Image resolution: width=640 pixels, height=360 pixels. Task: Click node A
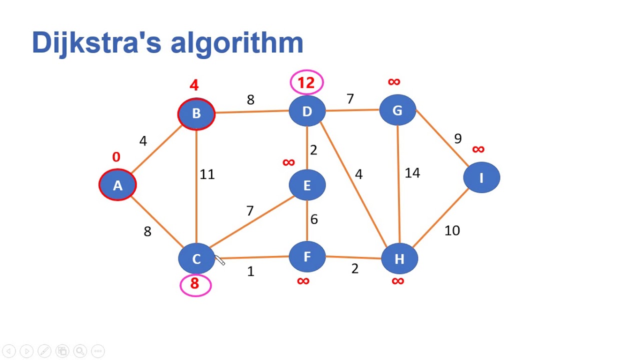[117, 185]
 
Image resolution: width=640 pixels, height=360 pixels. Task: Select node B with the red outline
[196, 113]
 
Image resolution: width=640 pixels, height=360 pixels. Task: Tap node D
[307, 111]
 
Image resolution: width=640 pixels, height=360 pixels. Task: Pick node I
[481, 178]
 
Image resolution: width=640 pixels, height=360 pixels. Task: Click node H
[399, 258]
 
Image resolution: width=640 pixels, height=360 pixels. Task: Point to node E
[307, 185]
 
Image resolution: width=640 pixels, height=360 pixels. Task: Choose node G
[397, 110]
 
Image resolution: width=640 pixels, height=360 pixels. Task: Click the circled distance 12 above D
[306, 82]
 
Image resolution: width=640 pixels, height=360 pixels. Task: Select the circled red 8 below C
[195, 284]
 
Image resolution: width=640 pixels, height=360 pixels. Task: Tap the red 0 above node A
[116, 157]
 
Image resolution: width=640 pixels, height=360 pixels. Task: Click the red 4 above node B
[194, 85]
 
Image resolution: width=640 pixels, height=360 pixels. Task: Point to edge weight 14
[412, 173]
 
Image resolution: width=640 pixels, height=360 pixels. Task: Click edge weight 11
[207, 174]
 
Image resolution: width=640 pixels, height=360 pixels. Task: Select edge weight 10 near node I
[452, 230]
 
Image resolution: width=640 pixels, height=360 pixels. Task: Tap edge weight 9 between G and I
[457, 138]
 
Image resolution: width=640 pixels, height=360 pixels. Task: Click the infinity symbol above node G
[394, 81]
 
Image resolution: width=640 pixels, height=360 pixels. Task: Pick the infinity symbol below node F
[303, 281]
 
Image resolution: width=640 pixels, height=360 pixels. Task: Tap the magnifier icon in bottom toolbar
[80, 351]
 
